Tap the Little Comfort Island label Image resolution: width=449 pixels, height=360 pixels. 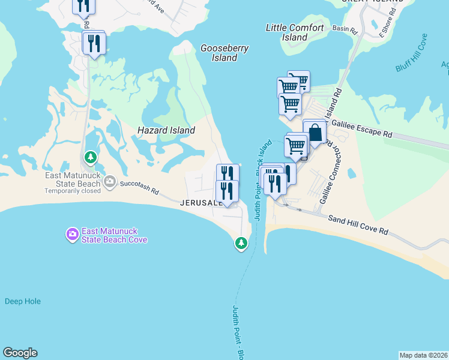[x=295, y=32]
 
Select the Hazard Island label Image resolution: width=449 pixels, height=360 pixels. [x=166, y=130]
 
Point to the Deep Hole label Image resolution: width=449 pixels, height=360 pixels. [x=23, y=301]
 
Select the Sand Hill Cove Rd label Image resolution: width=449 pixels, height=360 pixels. [x=358, y=226]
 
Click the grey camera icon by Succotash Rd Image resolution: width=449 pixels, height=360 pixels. [x=109, y=181]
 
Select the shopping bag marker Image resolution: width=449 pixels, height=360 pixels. [x=315, y=133]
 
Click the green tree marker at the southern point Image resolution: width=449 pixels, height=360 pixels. [x=241, y=243]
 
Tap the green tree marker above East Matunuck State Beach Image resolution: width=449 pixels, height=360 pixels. [x=91, y=158]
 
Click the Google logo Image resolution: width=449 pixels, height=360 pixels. [x=20, y=353]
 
